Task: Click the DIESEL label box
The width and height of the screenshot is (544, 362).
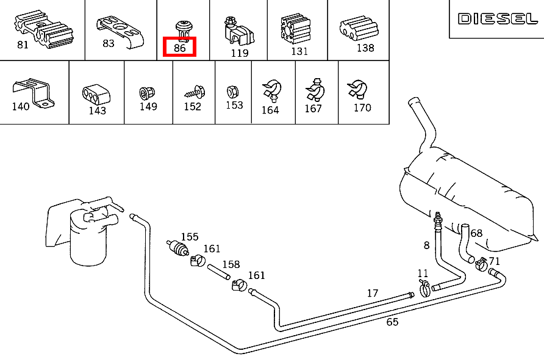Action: (x=497, y=19)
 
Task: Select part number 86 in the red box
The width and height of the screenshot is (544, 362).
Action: (x=179, y=46)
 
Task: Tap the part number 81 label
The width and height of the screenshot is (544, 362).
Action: (x=23, y=45)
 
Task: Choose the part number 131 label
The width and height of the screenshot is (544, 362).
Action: (x=299, y=51)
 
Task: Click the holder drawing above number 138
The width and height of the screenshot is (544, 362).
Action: (x=359, y=27)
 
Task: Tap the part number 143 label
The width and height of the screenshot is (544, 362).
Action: (x=97, y=110)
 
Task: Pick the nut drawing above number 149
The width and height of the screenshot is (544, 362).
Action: (x=146, y=93)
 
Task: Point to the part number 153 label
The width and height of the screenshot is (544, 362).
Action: (x=234, y=105)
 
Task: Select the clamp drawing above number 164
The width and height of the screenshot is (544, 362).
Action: (x=270, y=91)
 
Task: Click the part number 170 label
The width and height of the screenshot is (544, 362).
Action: (x=362, y=108)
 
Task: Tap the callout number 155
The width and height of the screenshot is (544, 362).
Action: (x=190, y=237)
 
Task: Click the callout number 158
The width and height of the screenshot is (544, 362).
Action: (x=231, y=265)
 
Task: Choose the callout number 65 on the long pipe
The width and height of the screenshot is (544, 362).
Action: (x=392, y=322)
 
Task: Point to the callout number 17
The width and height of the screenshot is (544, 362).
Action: (x=373, y=293)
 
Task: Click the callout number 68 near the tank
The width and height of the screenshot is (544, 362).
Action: (x=476, y=233)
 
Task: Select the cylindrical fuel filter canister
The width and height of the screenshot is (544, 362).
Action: (x=90, y=241)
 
